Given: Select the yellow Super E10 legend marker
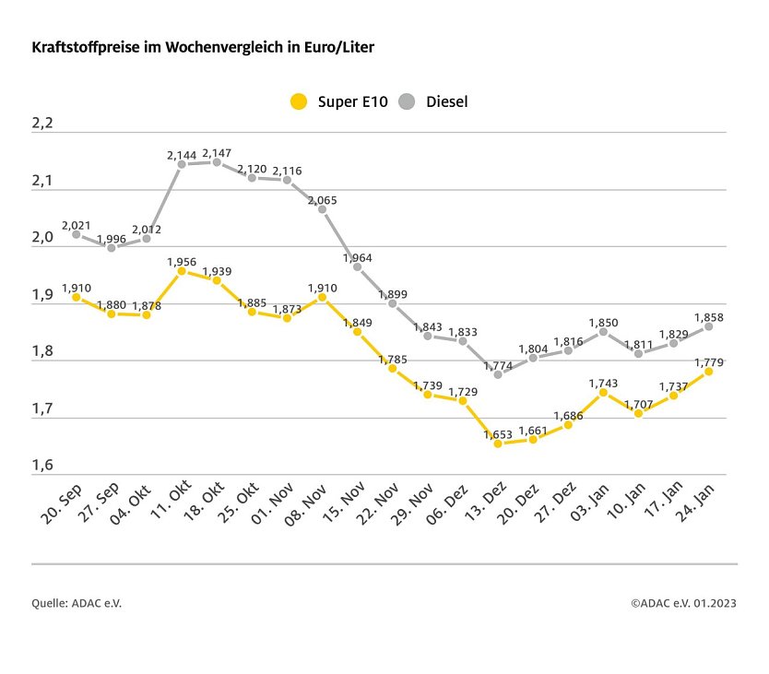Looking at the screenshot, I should (x=298, y=101).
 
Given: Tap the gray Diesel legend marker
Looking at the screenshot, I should (x=408, y=101).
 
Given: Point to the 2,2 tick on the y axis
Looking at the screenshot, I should (x=43, y=124).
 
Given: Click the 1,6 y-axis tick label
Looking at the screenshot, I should (x=43, y=466).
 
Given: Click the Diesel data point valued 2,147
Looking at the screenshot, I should (x=217, y=162).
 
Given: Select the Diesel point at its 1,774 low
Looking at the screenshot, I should (x=498, y=374).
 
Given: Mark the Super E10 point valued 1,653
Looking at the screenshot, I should (x=498, y=443).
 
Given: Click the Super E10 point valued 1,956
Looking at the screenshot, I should (x=182, y=271).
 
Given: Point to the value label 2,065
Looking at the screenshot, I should (x=323, y=199).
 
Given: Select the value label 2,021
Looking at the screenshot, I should (x=77, y=224).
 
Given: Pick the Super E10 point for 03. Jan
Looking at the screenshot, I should (x=603, y=392).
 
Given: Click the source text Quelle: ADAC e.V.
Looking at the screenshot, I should (x=77, y=603).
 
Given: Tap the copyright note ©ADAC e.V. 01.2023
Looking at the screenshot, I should (x=683, y=603).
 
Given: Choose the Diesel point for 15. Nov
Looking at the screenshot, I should (x=357, y=266).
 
